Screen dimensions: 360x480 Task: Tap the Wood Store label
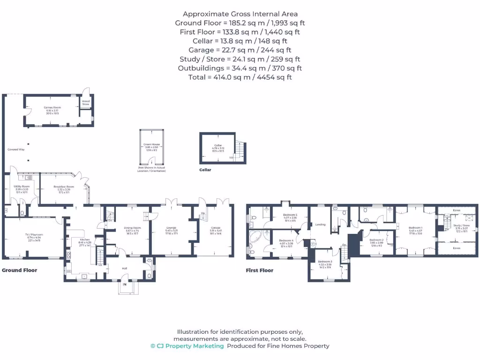tap(86, 103)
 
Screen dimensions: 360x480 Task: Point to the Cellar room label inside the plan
tap(218, 145)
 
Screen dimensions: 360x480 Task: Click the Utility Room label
tap(22, 186)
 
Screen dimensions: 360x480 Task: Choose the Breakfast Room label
tap(64, 186)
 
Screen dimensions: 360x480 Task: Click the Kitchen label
tap(85, 239)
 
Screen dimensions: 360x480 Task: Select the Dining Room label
tap(133, 228)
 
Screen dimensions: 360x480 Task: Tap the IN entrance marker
tap(125, 285)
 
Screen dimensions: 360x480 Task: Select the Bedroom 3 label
tap(325, 261)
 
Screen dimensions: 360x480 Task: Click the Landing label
tap(321, 224)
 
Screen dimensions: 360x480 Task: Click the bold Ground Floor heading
tap(20, 270)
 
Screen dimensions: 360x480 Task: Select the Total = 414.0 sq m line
tap(240, 77)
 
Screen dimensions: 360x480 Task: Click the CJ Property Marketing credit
tap(187, 346)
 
